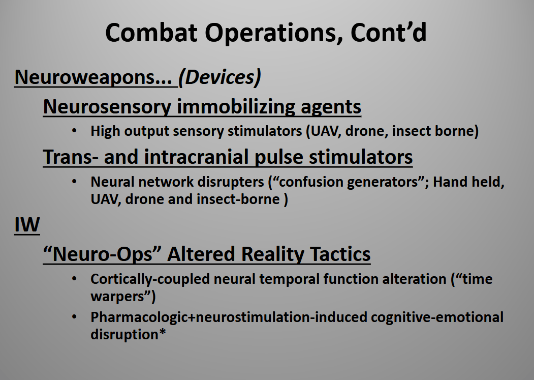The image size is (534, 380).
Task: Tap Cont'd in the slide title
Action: (x=388, y=33)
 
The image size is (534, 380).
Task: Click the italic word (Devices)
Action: (x=219, y=78)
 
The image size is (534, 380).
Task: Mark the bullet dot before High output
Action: (x=74, y=131)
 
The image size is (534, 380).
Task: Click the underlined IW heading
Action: (x=27, y=225)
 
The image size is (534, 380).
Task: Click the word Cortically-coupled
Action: (x=150, y=279)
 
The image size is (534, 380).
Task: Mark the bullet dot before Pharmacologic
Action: (x=74, y=317)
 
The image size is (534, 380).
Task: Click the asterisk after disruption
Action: (x=162, y=332)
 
